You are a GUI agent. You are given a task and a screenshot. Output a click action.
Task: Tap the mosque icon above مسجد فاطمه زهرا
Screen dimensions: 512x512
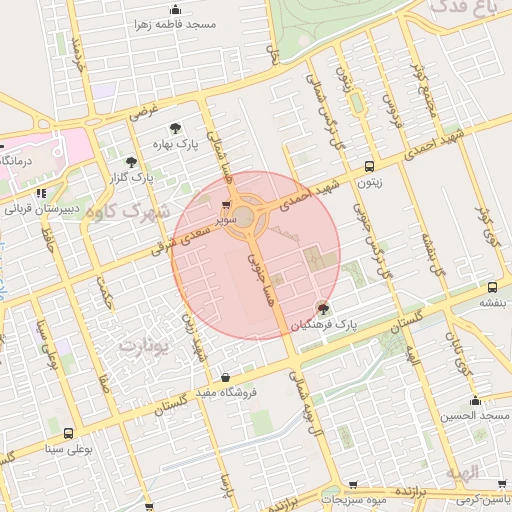(176, 10)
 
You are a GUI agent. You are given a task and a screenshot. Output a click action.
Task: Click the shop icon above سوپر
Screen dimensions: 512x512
(225, 204)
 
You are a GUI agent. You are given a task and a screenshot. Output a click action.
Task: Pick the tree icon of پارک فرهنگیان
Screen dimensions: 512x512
(323, 309)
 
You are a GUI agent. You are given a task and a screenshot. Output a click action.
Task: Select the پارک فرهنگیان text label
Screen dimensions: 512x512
(323, 325)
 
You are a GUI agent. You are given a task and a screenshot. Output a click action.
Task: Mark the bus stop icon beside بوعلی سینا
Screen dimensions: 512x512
(67, 434)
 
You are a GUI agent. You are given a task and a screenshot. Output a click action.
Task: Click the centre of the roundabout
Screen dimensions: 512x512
(245, 217)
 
